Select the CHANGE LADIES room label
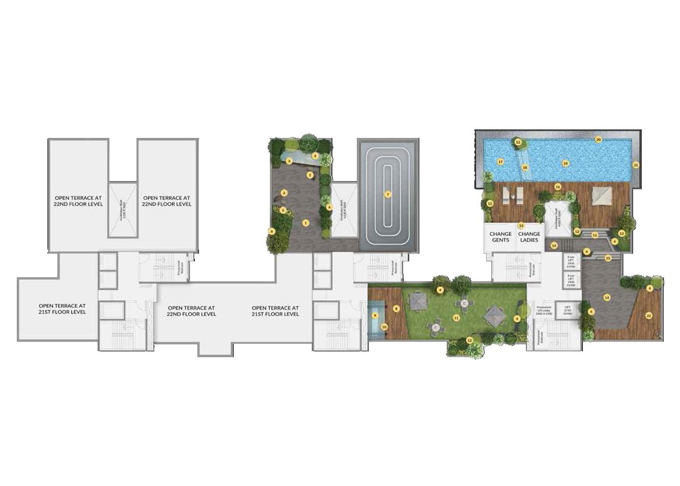click(x=529, y=237)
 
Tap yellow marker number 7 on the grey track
click(x=388, y=194)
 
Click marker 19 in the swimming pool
click(x=565, y=163)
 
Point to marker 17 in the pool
click(x=500, y=162)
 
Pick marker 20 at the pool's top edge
click(x=598, y=139)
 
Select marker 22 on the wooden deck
click(x=648, y=315)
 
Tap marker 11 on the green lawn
click(x=456, y=317)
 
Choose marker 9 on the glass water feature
click(x=376, y=315)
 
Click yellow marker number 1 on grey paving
click(x=305, y=223)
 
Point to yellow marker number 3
click(x=290, y=161)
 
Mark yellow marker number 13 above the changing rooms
click(x=520, y=225)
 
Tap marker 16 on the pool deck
click(x=557, y=187)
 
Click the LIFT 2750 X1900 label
click(x=568, y=310)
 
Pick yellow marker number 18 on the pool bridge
click(x=525, y=167)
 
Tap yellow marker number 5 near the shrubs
click(x=283, y=210)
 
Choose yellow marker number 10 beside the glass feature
click(x=384, y=327)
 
